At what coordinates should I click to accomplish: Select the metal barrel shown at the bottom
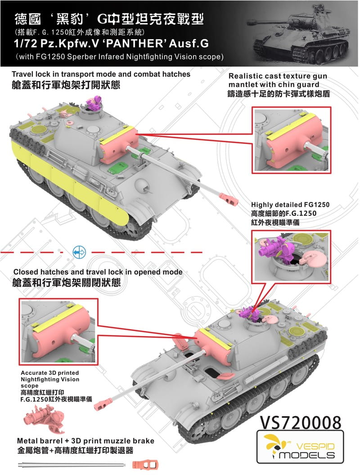(72, 464)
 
